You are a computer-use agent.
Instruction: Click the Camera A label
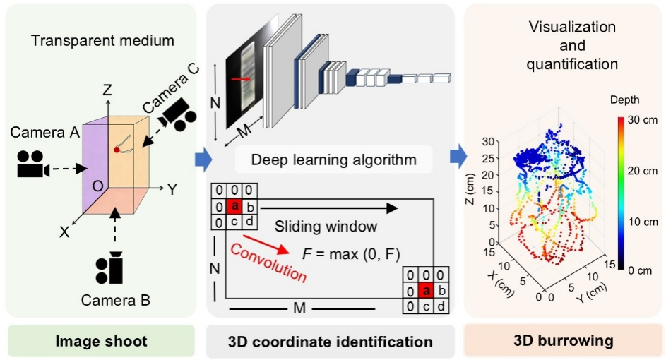coord(45,133)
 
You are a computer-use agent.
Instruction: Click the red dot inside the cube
coord(117,149)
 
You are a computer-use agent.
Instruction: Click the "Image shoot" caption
coord(101,342)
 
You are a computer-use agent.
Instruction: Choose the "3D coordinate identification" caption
coord(331,342)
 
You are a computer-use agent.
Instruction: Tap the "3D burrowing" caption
coord(563,342)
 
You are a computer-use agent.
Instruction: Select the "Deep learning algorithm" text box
coord(333,160)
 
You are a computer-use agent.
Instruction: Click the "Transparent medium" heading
coord(102,40)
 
